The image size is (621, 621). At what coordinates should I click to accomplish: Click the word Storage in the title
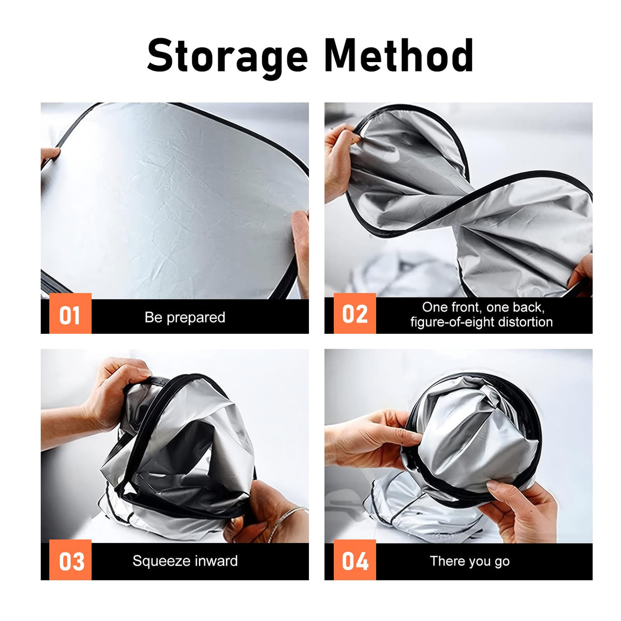228,57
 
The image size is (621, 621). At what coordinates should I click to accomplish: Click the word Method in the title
400,54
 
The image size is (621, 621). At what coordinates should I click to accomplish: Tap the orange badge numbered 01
70,313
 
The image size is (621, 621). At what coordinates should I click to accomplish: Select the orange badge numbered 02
355,313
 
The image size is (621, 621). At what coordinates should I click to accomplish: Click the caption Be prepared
185,317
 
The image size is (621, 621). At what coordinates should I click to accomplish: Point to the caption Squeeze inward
185,561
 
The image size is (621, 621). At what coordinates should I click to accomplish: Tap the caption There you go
469,561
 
